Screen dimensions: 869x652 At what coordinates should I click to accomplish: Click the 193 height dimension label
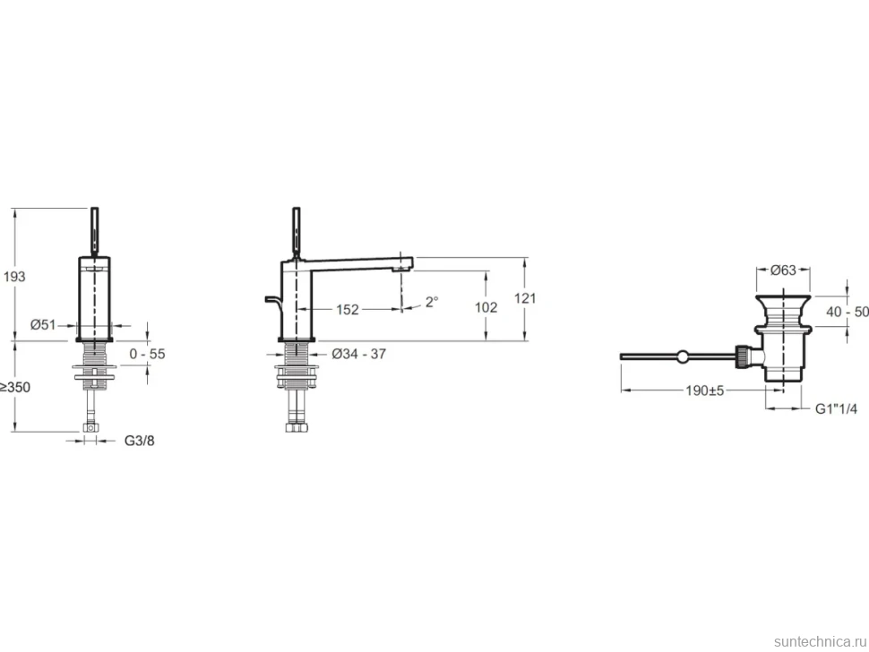(14, 276)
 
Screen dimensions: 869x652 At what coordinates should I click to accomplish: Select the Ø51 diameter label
(43, 325)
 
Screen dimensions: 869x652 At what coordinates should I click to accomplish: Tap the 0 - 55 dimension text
(147, 354)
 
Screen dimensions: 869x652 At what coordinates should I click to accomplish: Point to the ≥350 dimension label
(15, 387)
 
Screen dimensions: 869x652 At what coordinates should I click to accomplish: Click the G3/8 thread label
(139, 441)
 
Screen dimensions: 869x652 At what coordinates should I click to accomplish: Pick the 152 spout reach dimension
(348, 309)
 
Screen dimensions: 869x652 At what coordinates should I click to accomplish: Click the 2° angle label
(432, 301)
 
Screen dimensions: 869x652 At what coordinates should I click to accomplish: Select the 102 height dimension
(486, 307)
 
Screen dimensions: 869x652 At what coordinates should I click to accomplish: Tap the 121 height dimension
(525, 298)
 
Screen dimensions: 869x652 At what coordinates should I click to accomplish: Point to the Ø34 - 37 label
(359, 354)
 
